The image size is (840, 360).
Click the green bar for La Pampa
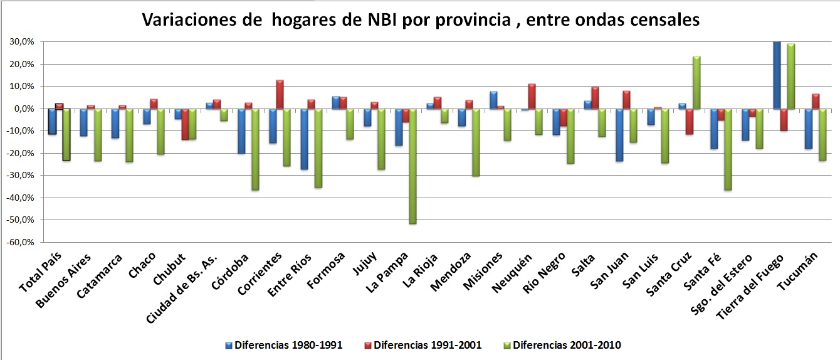pyautogui.click(x=412, y=166)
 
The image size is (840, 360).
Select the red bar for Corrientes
pyautogui.click(x=280, y=95)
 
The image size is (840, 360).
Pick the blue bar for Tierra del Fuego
pyautogui.click(x=776, y=75)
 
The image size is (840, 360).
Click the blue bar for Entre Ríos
pyautogui.click(x=304, y=139)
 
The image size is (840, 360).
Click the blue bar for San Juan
pyautogui.click(x=619, y=135)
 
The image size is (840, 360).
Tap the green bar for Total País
pyautogui.click(x=66, y=135)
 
